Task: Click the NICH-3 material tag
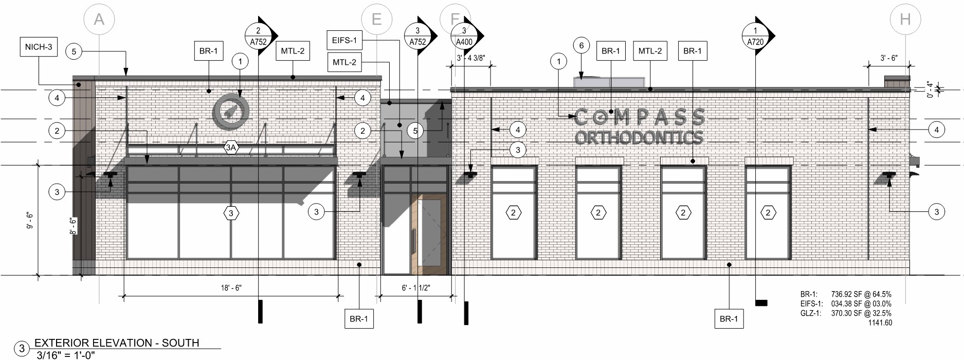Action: (39, 47)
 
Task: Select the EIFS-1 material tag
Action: (344, 40)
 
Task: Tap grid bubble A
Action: (99, 20)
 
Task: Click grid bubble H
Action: (905, 20)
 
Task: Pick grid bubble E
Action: (376, 20)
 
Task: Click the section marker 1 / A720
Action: (757, 36)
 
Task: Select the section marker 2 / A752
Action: (260, 36)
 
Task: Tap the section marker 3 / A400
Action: (466, 36)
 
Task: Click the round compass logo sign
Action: (231, 111)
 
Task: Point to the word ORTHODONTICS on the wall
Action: (639, 137)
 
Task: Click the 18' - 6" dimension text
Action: (231, 288)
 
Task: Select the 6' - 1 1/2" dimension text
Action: (416, 288)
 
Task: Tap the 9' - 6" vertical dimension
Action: (30, 220)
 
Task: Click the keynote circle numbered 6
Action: (581, 45)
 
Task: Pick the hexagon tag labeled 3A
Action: (231, 148)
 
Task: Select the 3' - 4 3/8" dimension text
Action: (470, 58)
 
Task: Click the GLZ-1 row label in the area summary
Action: (810, 313)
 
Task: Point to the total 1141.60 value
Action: (880, 323)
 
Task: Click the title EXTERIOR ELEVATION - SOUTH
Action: (117, 343)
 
